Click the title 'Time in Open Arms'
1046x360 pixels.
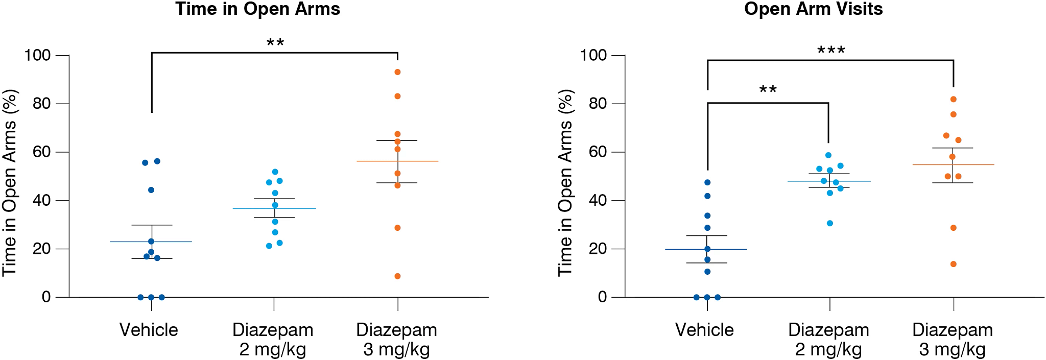[257, 9]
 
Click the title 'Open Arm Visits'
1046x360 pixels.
[813, 9]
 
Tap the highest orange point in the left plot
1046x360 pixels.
[397, 72]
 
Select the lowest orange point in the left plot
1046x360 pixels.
[397, 276]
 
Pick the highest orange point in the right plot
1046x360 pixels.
[953, 99]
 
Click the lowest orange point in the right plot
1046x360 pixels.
[953, 264]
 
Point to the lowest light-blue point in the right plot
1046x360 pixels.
[830, 223]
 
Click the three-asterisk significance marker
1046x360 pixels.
[831, 51]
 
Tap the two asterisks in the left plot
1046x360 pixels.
[275, 43]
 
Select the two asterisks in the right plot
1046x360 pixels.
[768, 90]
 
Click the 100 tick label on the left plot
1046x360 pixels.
[37, 55]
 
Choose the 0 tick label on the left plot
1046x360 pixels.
[46, 297]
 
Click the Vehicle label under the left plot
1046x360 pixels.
[149, 330]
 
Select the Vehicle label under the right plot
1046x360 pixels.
[704, 330]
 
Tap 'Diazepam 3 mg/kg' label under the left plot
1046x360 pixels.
[396, 340]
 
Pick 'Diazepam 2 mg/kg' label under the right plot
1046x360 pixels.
[828, 340]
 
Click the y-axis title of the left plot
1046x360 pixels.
[10, 183]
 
